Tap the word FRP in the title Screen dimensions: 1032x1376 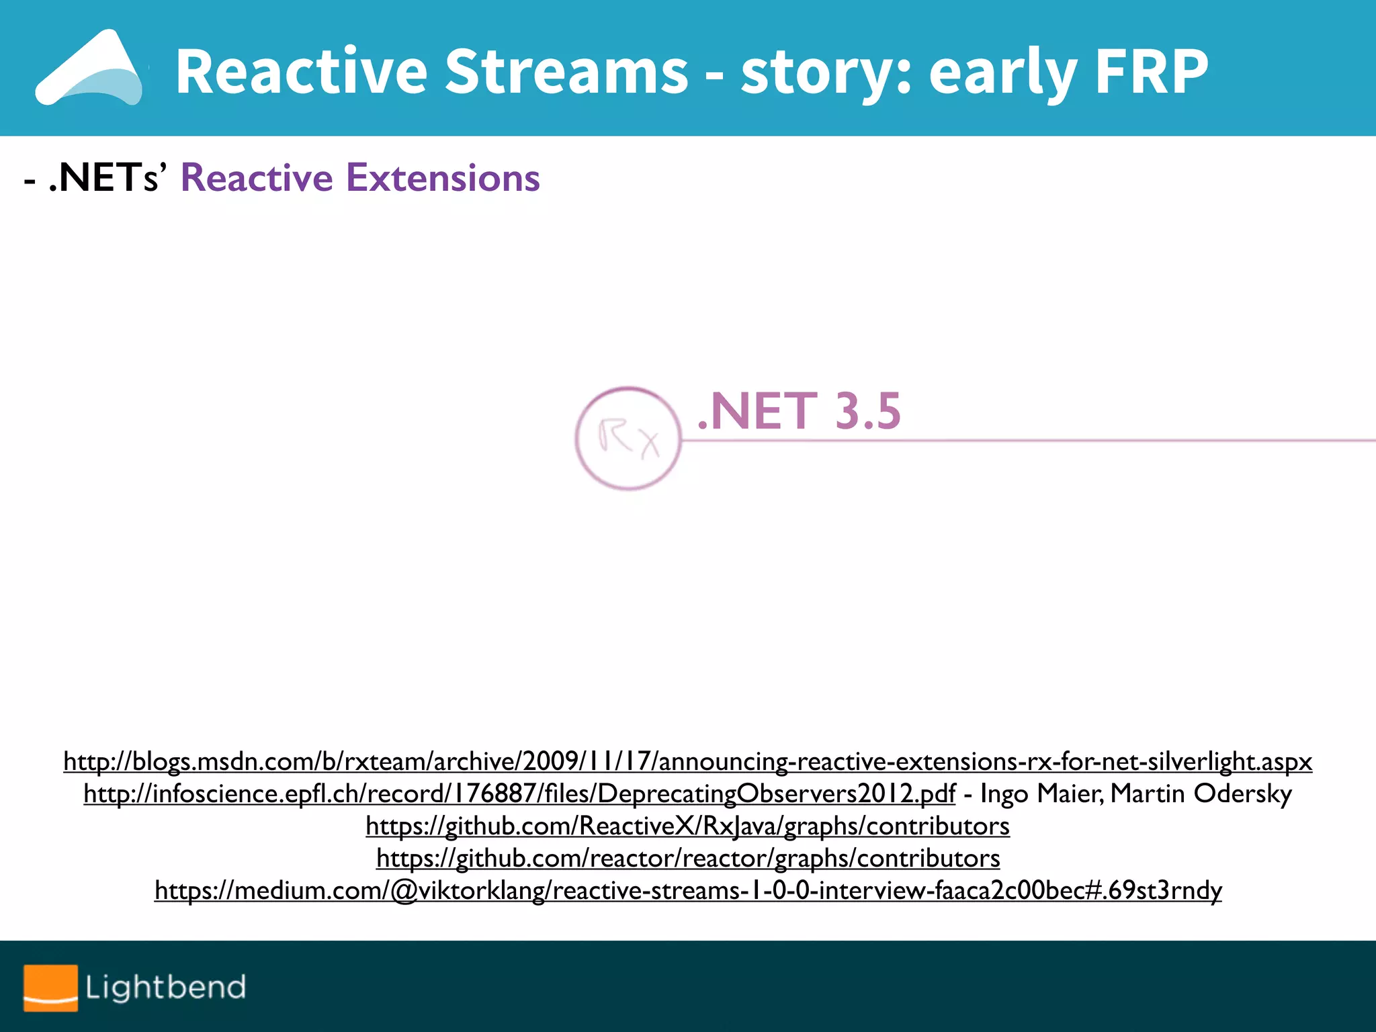(1151, 71)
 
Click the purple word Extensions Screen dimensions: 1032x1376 (443, 178)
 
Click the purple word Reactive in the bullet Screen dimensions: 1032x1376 (257, 178)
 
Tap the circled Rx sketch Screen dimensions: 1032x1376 (628, 438)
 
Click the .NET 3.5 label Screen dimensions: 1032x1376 (798, 411)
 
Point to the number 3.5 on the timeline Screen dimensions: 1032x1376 (867, 411)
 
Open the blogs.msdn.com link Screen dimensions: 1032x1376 (687, 761)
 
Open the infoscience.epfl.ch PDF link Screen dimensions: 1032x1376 (519, 793)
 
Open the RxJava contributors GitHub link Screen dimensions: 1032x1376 (687, 826)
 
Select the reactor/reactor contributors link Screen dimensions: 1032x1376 (687, 858)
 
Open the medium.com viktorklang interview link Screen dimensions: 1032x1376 (687, 890)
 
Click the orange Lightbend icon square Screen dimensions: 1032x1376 (50, 988)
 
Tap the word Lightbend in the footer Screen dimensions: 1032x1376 (165, 988)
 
